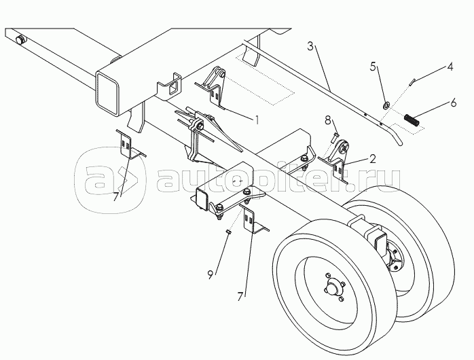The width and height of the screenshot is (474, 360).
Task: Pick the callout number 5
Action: [x=372, y=67]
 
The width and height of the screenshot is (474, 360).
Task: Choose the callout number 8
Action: [x=328, y=121]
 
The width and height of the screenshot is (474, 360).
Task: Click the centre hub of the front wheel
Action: [x=332, y=287]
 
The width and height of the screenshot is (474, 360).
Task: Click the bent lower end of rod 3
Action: [x=399, y=139]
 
